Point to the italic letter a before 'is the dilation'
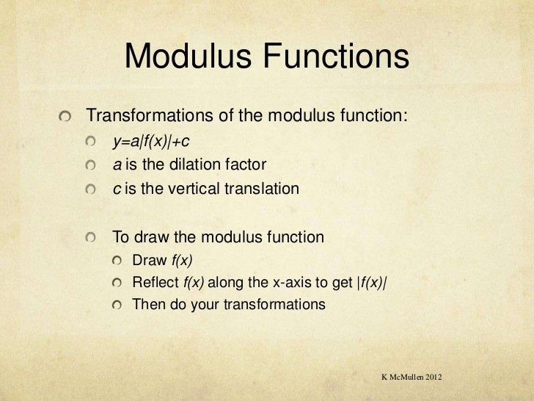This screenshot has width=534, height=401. (117, 164)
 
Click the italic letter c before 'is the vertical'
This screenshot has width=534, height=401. (116, 188)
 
